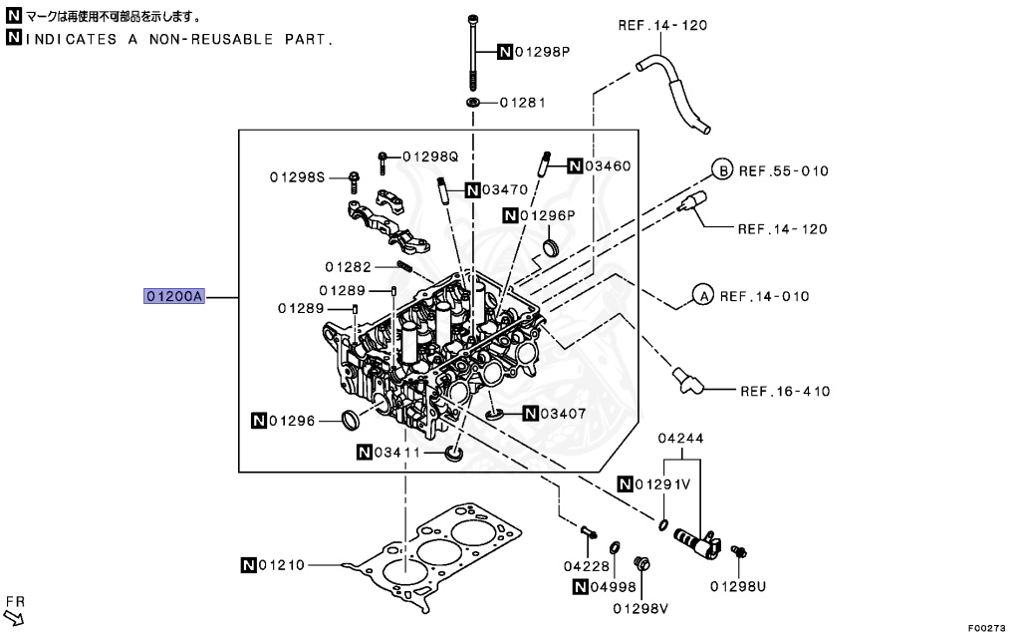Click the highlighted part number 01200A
174,296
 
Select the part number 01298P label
541,52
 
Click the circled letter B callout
721,169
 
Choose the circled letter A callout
702,296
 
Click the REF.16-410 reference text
784,391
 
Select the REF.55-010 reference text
783,170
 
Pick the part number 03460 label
607,165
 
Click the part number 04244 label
680,438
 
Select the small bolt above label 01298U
739,550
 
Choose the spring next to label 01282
406,267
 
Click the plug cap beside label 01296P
551,246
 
